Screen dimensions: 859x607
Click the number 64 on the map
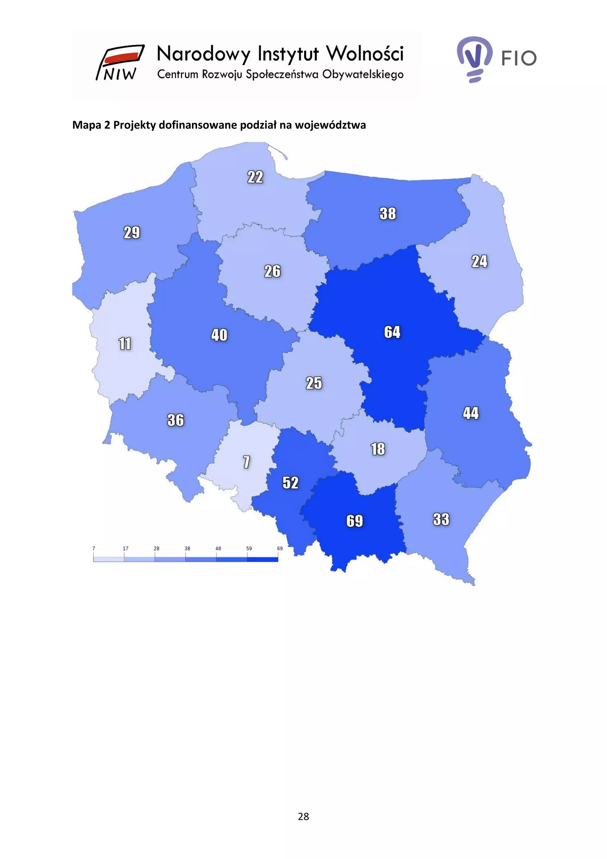pyautogui.click(x=392, y=332)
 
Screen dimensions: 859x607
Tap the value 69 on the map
pyautogui.click(x=354, y=521)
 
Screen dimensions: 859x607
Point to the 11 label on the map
pyautogui.click(x=125, y=343)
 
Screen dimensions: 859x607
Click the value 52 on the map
pyautogui.click(x=290, y=482)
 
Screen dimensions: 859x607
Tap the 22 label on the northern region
pyautogui.click(x=255, y=177)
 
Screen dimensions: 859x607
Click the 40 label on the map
pyautogui.click(x=219, y=335)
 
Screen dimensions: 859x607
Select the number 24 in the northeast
pyautogui.click(x=479, y=261)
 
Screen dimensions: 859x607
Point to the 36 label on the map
pyautogui.click(x=175, y=420)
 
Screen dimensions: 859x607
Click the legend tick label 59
pyautogui.click(x=249, y=548)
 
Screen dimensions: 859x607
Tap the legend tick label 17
pyautogui.click(x=126, y=548)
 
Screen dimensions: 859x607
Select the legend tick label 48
pyautogui.click(x=218, y=548)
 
